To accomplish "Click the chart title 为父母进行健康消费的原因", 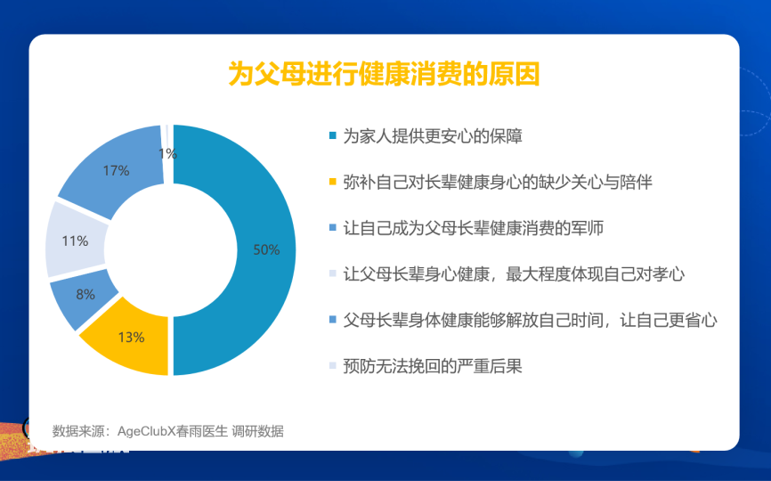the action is (x=384, y=74).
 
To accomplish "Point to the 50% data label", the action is (x=266, y=249).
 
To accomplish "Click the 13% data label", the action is (x=131, y=338).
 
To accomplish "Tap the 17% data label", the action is (x=116, y=171).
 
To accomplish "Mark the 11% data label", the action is (x=75, y=241).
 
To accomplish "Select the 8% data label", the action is (x=85, y=295).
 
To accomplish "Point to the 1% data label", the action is (x=167, y=154).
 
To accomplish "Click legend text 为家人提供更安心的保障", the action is (x=433, y=136).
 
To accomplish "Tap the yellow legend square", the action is (x=333, y=182).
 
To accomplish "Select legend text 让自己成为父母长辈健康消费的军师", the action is (x=473, y=228).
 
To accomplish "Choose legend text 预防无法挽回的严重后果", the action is (x=433, y=366).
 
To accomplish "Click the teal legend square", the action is (x=333, y=135).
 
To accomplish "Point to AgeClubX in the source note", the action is (x=147, y=431).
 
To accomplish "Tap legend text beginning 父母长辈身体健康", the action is (x=530, y=320).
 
